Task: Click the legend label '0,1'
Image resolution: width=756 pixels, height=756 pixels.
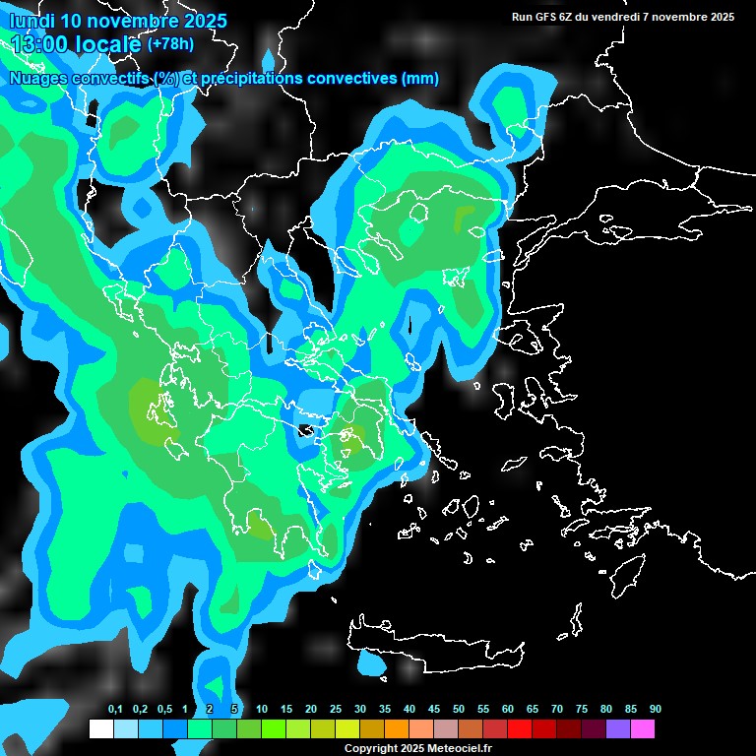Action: coord(115,710)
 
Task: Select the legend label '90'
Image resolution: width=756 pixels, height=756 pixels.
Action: coord(656,710)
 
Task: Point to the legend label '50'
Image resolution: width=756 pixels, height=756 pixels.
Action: coord(459,710)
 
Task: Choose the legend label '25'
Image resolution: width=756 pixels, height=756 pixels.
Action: coord(336,710)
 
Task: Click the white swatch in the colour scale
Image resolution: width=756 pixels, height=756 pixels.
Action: coord(100,729)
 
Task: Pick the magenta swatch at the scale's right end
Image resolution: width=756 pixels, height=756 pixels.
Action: coord(642,729)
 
